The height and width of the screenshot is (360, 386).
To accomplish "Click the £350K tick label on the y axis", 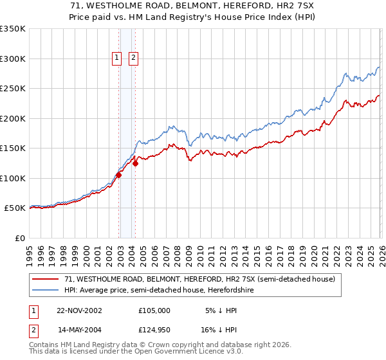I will (13, 29).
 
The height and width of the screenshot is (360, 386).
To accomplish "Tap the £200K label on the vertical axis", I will (13, 118).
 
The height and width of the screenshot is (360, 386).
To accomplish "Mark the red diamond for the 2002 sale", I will (119, 175).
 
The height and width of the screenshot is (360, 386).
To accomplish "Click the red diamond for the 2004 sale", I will (136, 163).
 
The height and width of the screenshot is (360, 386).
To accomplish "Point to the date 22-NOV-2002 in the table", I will (79, 310).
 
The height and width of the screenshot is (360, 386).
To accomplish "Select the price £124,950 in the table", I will (154, 331).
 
